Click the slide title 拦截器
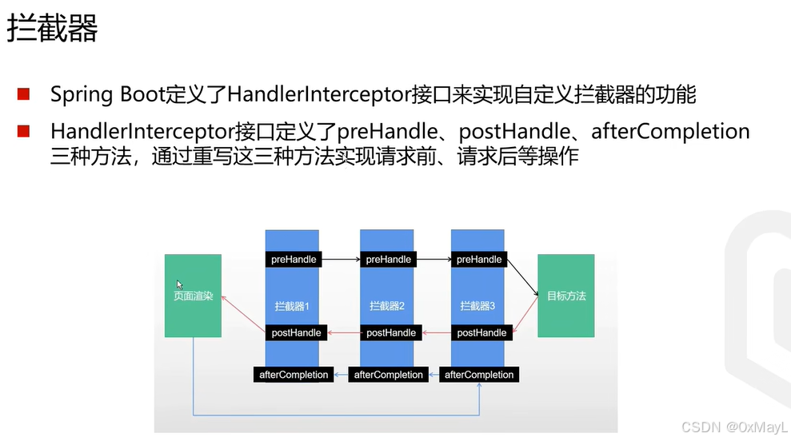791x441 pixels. tap(53, 30)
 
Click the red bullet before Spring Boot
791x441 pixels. tap(23, 95)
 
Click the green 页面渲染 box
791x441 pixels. tap(193, 296)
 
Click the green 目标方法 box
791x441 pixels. tap(566, 296)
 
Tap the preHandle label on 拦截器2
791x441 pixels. tap(388, 260)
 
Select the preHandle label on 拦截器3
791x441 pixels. tap(479, 260)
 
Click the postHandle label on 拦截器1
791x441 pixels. tap(296, 332)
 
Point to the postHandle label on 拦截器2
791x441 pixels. tap(391, 332)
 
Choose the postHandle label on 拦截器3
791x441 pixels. tap(481, 332)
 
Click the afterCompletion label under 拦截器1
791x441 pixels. tap(294, 375)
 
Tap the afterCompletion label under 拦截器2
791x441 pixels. tap(388, 375)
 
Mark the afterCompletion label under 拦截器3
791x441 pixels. tap(479, 375)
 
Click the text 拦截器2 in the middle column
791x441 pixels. tap(387, 306)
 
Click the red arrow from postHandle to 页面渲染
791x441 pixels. tap(243, 313)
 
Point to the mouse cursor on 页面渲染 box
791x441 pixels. tap(180, 284)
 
